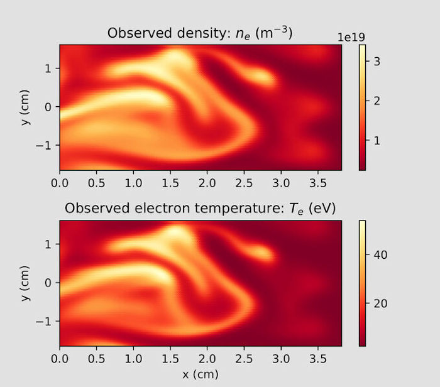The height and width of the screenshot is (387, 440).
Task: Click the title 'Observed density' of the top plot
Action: click(x=201, y=33)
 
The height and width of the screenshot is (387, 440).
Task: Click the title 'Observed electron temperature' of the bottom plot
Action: click(x=201, y=209)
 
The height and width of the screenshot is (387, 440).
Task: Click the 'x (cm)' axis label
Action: click(x=201, y=374)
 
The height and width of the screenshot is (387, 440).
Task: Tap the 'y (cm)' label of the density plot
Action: click(x=26, y=107)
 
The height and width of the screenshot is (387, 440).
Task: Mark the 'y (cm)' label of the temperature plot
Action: click(x=26, y=283)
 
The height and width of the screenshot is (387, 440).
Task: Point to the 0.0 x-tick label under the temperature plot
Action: click(x=60, y=359)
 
